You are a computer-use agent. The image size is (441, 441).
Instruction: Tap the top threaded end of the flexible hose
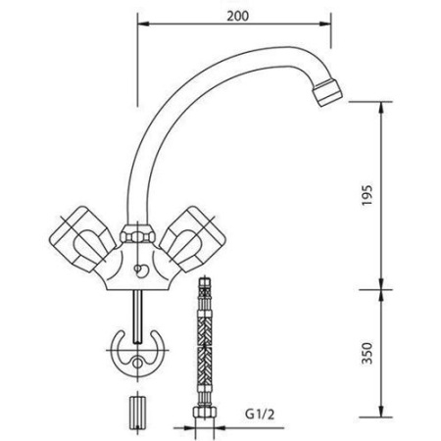coord(205,287)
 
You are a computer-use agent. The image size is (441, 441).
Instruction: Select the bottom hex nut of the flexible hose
coord(205,428)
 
